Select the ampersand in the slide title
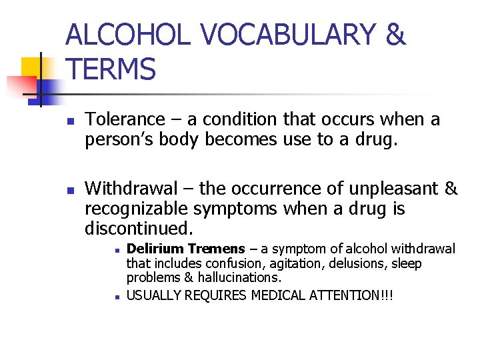(396, 35)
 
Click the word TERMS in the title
(111, 69)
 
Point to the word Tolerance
(125, 120)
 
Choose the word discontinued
(139, 229)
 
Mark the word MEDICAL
(279, 294)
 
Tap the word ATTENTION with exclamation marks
(351, 294)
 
